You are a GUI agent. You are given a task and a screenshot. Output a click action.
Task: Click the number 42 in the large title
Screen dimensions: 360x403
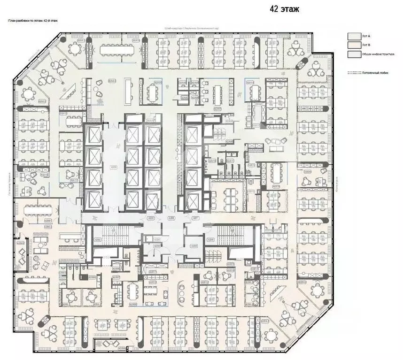pyautogui.click(x=274, y=8)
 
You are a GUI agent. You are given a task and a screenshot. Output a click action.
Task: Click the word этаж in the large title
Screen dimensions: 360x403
pyautogui.click(x=290, y=8)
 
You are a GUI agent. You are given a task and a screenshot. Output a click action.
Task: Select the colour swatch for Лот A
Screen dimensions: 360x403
pyautogui.click(x=353, y=36)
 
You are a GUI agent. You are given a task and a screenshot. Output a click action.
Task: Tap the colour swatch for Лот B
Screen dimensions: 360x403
pyautogui.click(x=353, y=45)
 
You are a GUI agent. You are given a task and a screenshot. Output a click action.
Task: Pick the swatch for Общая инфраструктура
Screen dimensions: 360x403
pyautogui.click(x=353, y=54)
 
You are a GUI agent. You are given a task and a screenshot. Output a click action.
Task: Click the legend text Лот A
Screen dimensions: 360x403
pyautogui.click(x=366, y=36)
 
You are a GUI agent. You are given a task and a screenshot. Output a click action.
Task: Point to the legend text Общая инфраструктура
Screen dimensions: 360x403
pyautogui.click(x=374, y=54)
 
